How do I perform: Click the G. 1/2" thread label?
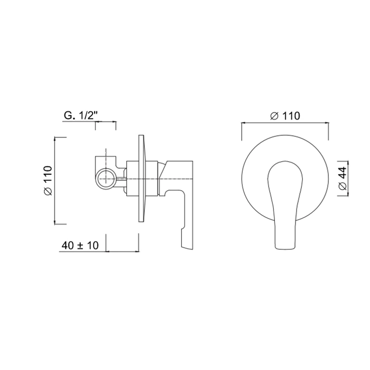81,116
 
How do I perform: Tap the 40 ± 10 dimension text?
80,245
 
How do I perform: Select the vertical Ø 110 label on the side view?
48,181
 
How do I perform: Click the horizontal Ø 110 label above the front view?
285,116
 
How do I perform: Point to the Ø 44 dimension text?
343,179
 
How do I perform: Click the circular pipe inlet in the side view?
106,179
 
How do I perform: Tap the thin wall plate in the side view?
141,179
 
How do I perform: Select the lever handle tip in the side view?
187,247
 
